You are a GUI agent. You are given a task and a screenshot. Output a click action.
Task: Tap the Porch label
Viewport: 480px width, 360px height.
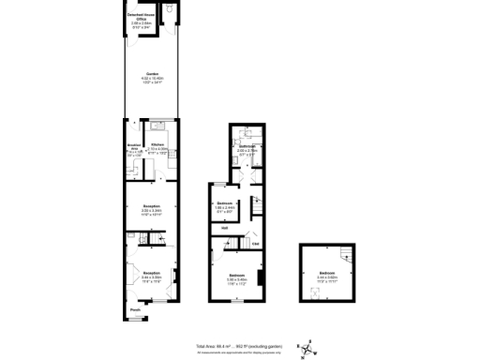(x=135, y=310)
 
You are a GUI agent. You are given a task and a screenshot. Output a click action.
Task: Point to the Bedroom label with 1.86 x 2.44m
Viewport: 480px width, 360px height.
(x=224, y=203)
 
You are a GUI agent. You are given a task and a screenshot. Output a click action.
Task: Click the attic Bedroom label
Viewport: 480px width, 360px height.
(x=327, y=274)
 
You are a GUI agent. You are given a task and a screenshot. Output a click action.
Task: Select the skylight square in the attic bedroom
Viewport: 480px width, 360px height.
(x=314, y=290)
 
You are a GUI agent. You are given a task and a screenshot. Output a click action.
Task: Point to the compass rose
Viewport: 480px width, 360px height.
(x=309, y=347)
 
